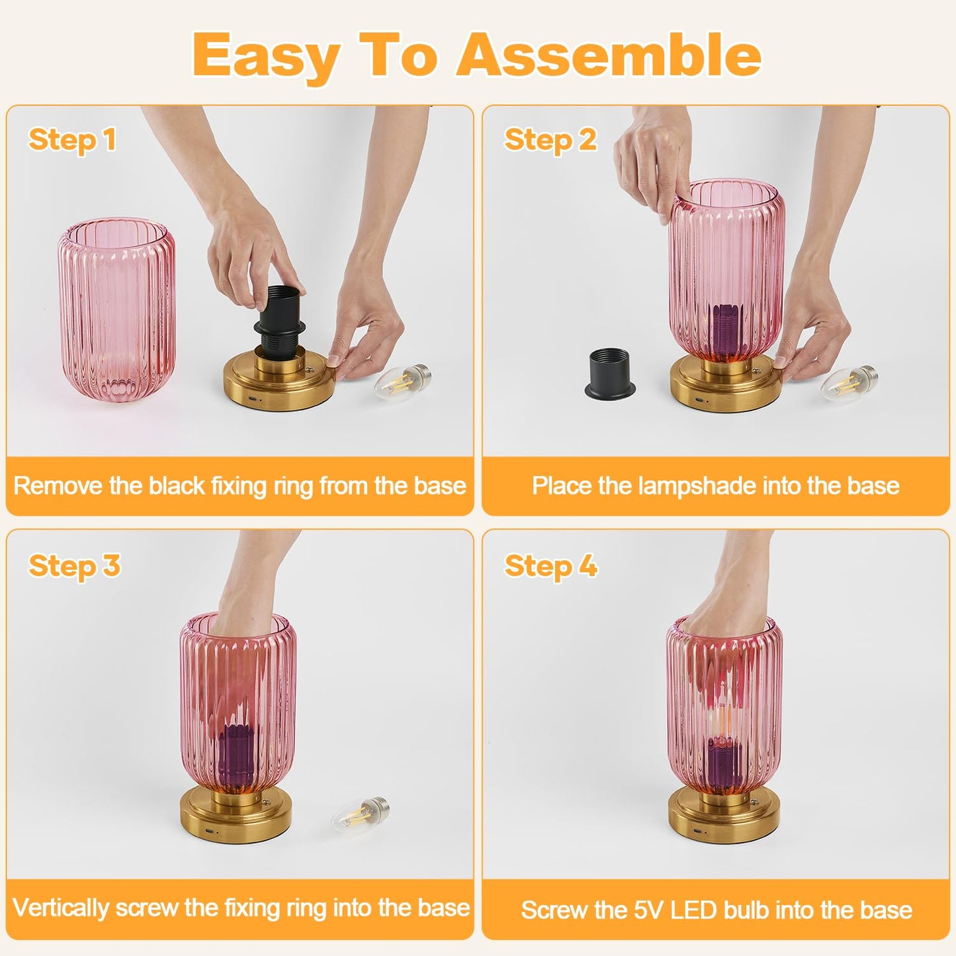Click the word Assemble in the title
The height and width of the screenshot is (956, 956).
point(609,56)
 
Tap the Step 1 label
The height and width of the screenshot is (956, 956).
point(72,140)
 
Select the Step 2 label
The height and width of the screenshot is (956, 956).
point(550,140)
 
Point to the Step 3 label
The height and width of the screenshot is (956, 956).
point(74,566)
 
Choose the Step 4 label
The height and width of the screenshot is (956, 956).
point(551,566)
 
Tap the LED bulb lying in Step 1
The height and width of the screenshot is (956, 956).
point(402,382)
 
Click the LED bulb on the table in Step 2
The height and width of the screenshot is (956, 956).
point(850,382)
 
